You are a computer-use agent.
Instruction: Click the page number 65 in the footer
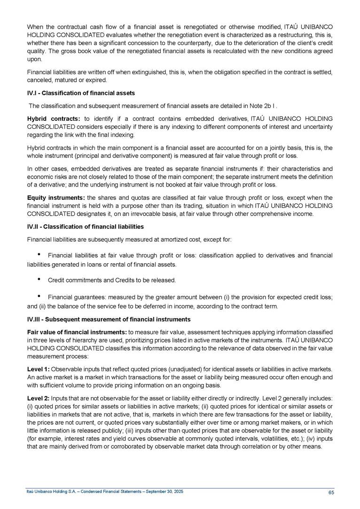click(331, 492)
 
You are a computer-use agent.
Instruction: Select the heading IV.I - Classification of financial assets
click(81, 93)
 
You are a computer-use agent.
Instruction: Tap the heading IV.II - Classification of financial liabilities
click(85, 227)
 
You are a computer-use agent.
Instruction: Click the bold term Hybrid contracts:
click(54, 119)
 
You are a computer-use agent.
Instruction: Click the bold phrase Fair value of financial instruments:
click(77, 332)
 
